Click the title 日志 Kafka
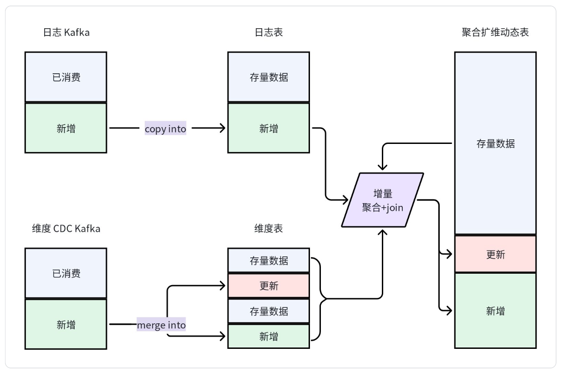coord(66,33)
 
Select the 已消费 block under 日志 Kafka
coord(66,77)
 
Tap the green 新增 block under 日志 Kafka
coord(66,128)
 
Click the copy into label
coord(165,129)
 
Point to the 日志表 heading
coord(268,33)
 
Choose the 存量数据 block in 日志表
coord(268,77)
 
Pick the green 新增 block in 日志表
coord(268,128)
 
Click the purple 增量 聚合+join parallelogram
coord(383,200)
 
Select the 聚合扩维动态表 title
coord(495,33)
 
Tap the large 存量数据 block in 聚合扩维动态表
coord(495,143)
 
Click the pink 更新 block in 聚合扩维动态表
coord(495,254)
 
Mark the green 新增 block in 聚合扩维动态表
coord(495,311)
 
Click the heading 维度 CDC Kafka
coord(66,229)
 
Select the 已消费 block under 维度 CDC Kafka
coord(66,273)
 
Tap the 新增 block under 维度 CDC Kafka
coord(66,325)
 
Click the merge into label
coord(161,325)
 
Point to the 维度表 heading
coord(268,229)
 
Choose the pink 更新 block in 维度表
coord(268,286)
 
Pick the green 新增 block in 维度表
coord(268,337)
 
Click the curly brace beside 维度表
coord(321,299)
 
